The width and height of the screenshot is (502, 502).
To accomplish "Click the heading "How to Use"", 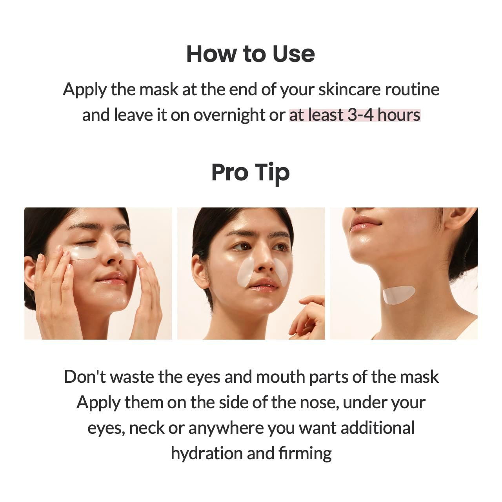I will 250,54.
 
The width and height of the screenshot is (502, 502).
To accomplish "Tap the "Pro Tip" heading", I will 250,173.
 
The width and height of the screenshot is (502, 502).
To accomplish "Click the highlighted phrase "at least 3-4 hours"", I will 355,115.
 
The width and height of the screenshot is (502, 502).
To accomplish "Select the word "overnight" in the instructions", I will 229,115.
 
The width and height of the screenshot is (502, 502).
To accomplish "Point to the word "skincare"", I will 349,90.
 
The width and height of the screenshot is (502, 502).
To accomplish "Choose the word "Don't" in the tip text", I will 85,377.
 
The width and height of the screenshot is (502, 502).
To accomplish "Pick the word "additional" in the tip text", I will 377,428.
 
